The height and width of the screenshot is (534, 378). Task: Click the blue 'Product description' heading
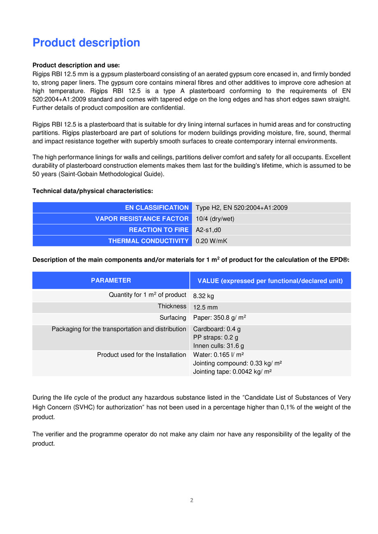click(86, 43)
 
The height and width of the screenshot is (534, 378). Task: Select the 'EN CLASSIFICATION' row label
click(157, 208)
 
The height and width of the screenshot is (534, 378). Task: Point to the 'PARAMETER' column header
click(111, 281)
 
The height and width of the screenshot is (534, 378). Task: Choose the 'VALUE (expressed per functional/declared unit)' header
click(270, 281)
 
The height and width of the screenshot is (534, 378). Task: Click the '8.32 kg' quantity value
click(203, 296)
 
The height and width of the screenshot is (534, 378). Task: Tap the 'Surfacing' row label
click(173, 318)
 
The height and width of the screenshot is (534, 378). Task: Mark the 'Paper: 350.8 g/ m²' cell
click(219, 318)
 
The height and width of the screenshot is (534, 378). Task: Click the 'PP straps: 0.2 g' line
click(216, 338)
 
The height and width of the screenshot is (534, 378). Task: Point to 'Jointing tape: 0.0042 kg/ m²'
click(232, 371)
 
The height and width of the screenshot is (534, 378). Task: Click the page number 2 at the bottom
click(191, 500)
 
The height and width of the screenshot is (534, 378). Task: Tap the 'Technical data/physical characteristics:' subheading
click(93, 191)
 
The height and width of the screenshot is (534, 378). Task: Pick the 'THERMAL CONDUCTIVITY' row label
click(148, 241)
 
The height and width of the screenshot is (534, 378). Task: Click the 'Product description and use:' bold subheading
click(76, 65)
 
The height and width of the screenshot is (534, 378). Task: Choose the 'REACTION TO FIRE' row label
click(159, 230)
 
